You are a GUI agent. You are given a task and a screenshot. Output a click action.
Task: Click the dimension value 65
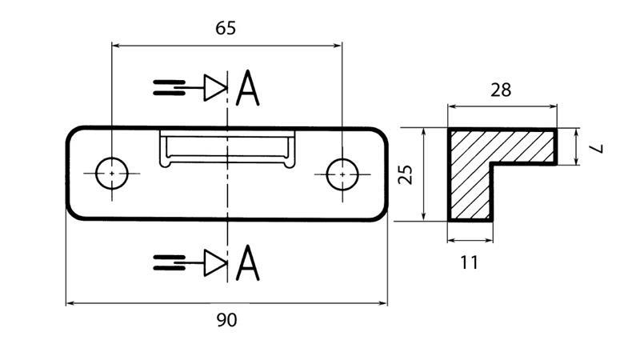click(x=226, y=28)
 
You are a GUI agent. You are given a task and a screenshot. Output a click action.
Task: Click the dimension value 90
click(x=226, y=321)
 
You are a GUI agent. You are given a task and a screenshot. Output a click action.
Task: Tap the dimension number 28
click(x=501, y=90)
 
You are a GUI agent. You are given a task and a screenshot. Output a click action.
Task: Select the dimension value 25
click(x=406, y=174)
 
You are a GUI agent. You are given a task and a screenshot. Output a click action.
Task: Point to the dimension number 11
click(x=470, y=262)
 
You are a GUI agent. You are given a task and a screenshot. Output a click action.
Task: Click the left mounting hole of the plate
click(x=111, y=173)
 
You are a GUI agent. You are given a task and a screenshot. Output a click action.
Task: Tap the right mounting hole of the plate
click(x=342, y=173)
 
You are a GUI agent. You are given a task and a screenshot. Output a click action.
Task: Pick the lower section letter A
click(x=248, y=263)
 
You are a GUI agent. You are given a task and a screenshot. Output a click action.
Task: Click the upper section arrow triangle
click(x=214, y=88)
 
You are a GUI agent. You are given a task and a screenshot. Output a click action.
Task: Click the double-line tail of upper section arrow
click(x=169, y=88)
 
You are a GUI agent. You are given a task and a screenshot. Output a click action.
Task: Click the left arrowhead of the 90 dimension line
click(x=70, y=304)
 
